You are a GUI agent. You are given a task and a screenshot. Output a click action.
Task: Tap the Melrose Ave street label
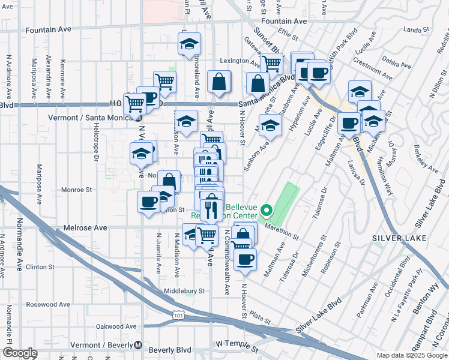coord(85,228)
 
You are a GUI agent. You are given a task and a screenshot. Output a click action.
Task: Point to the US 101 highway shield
coord(178,314)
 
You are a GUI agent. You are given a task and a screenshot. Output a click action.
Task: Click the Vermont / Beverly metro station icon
coord(139,346)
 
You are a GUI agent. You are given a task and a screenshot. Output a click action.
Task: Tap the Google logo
coord(19,353)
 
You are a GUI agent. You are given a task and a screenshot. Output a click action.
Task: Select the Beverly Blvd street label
coord(169,350)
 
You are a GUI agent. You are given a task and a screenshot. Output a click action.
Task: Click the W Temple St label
coord(237,345)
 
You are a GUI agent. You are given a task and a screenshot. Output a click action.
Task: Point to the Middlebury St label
coord(185,291)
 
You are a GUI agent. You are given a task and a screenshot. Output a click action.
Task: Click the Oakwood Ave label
coord(115,326)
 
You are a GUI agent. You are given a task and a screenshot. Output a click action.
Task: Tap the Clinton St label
coord(40,266)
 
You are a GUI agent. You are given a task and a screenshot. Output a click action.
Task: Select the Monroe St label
coord(76,190)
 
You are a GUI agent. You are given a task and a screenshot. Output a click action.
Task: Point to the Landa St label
coord(414,29)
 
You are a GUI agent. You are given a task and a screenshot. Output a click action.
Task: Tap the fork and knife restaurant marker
coord(210,208)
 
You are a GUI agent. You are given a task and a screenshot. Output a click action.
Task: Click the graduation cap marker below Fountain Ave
coord(189,44)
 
